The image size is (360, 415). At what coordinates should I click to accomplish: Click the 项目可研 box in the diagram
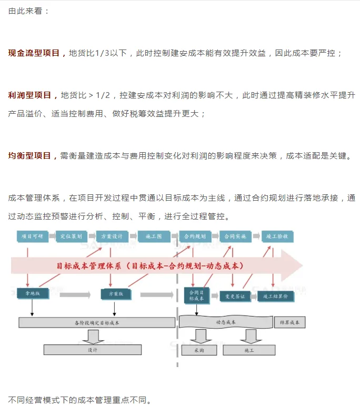(32, 236)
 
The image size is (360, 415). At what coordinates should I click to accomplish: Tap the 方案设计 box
(112, 236)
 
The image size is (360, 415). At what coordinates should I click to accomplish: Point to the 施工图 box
(154, 236)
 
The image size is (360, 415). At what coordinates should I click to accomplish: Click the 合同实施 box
(235, 236)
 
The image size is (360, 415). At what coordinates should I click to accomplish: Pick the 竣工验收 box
(277, 236)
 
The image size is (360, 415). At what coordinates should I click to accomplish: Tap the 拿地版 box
(32, 293)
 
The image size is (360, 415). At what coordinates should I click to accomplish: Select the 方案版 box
(116, 293)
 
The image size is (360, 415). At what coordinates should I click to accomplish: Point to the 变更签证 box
(235, 297)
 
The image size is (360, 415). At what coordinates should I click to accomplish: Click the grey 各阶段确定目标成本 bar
(97, 322)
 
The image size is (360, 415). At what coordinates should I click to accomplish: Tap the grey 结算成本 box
(289, 322)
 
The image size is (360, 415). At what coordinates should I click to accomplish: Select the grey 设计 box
(93, 350)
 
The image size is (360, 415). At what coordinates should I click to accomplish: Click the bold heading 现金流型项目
(36, 53)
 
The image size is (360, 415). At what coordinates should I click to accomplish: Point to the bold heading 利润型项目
(33, 95)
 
